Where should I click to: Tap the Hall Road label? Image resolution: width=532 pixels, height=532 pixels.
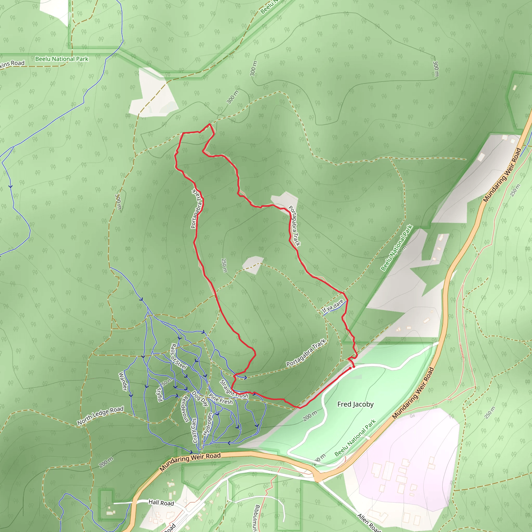point(161,503)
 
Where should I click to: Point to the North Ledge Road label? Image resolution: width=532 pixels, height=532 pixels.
point(100,416)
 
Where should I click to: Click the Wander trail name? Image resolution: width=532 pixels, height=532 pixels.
point(123,381)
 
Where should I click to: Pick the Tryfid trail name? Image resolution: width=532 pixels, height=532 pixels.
point(159,395)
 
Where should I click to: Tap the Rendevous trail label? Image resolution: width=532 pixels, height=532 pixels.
point(185,409)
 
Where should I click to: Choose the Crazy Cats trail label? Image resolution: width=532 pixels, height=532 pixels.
point(194,430)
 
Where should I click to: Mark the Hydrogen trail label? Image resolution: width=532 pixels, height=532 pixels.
point(208,424)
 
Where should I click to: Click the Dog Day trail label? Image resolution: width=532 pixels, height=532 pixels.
point(200,398)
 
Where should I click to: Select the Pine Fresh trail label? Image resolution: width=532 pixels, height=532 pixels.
point(221,399)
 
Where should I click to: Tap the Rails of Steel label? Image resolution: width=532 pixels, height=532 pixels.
point(179,356)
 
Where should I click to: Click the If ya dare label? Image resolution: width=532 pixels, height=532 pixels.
point(333,306)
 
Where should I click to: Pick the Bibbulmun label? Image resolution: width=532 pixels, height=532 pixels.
point(256,518)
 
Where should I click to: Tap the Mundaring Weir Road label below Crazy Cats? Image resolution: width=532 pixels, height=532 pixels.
point(190,461)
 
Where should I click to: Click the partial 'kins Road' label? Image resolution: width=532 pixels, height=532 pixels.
point(12,64)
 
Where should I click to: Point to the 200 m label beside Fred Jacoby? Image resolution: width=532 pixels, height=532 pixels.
point(310,416)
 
